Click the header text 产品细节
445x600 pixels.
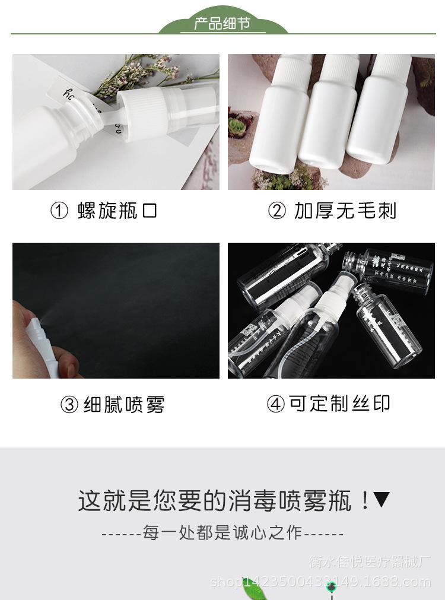point(223,24)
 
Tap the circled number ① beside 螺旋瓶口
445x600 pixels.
point(59,211)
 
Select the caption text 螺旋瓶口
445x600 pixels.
point(117,211)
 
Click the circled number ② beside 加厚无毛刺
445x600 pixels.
point(277,211)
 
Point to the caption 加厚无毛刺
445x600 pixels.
point(345,211)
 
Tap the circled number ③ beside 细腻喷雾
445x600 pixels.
point(70,405)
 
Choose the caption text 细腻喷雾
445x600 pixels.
point(124,405)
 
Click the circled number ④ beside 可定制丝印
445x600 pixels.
point(276,404)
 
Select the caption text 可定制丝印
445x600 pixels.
point(340,404)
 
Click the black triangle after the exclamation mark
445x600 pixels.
point(382,500)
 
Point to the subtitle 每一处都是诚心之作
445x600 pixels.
point(223,532)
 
